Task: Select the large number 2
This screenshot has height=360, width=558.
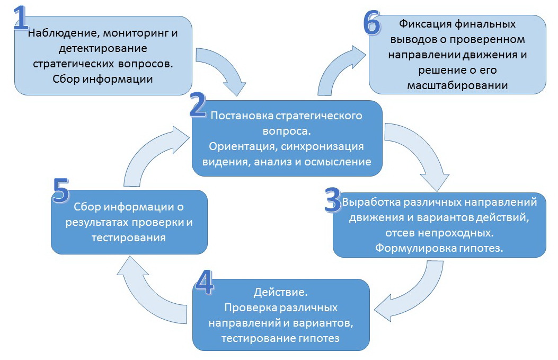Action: [198, 106]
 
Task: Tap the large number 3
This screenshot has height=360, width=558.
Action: [332, 199]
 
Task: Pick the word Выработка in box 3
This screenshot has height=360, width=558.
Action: [369, 202]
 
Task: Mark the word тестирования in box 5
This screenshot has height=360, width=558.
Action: [129, 238]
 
